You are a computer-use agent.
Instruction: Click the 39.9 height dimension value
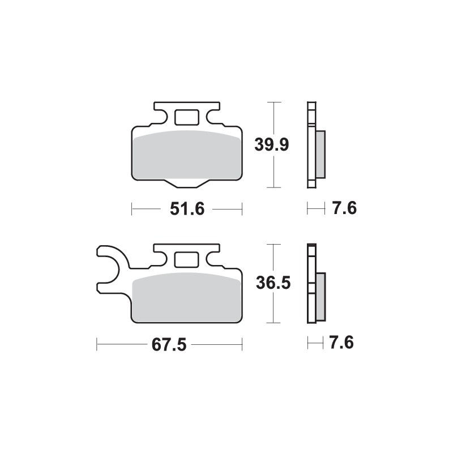click(272, 145)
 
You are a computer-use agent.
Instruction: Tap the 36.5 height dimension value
click(273, 283)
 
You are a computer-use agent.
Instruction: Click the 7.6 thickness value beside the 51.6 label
click(344, 209)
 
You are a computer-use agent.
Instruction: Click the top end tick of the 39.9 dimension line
click(274, 102)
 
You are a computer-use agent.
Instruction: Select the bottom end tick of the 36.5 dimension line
click(274, 323)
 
